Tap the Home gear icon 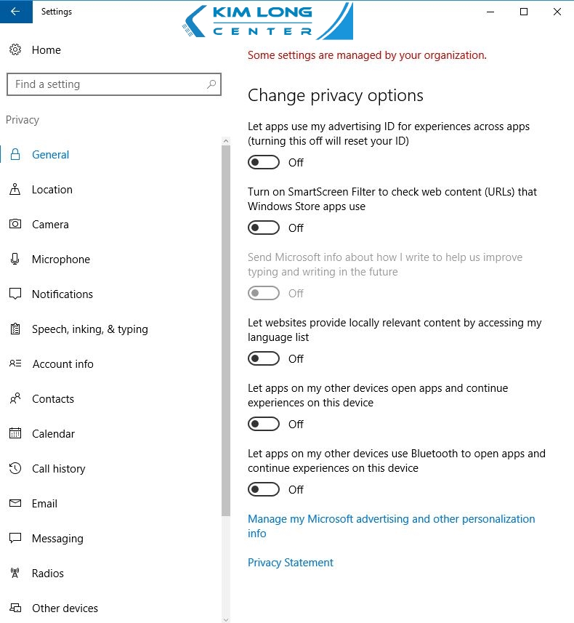pos(15,50)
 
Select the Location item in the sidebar pos(52,190)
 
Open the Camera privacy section pos(50,225)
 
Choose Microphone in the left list pos(60,260)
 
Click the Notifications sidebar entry pos(62,294)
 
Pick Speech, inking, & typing pos(89,329)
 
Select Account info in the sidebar pos(62,364)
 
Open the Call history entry pos(58,469)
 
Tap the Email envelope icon pos(15,504)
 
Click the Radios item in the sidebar pos(47,574)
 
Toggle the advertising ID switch pos(264,162)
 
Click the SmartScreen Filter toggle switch pos(264,228)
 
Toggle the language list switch pos(264,358)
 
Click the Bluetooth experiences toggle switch pos(264,489)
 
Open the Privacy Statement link pos(291,563)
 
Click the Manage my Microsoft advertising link pos(391,519)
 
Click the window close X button pos(557,12)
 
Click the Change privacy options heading pos(336,95)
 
